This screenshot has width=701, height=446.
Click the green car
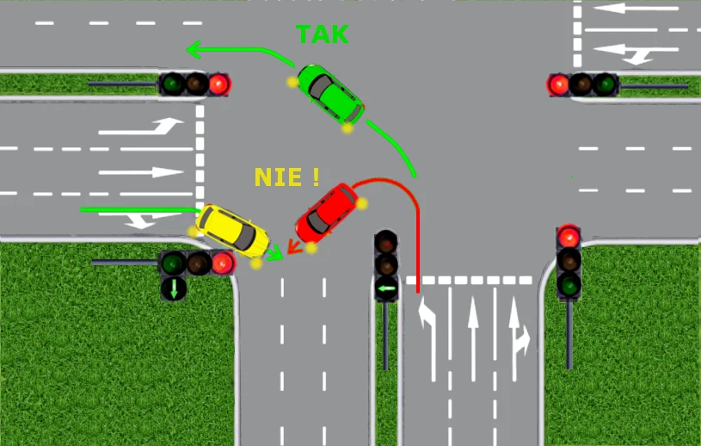coord(330,94)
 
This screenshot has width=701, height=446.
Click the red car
coord(327,213)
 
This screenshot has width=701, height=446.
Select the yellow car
coord(232,231)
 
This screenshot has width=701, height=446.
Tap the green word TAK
coord(323,34)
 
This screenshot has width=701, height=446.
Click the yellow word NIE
coord(278,177)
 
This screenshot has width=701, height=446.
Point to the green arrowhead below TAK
coord(194,49)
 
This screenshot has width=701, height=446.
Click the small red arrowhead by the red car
coord(293,245)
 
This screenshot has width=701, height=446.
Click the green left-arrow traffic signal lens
coord(386,288)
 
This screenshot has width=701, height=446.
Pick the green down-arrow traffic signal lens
coord(174,288)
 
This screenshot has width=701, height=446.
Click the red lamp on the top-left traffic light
coord(218,84)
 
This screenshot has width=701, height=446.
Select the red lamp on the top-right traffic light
coord(559,84)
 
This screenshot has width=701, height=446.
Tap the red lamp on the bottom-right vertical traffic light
coord(569,237)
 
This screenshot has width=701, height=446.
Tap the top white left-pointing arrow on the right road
coord(636,8)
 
